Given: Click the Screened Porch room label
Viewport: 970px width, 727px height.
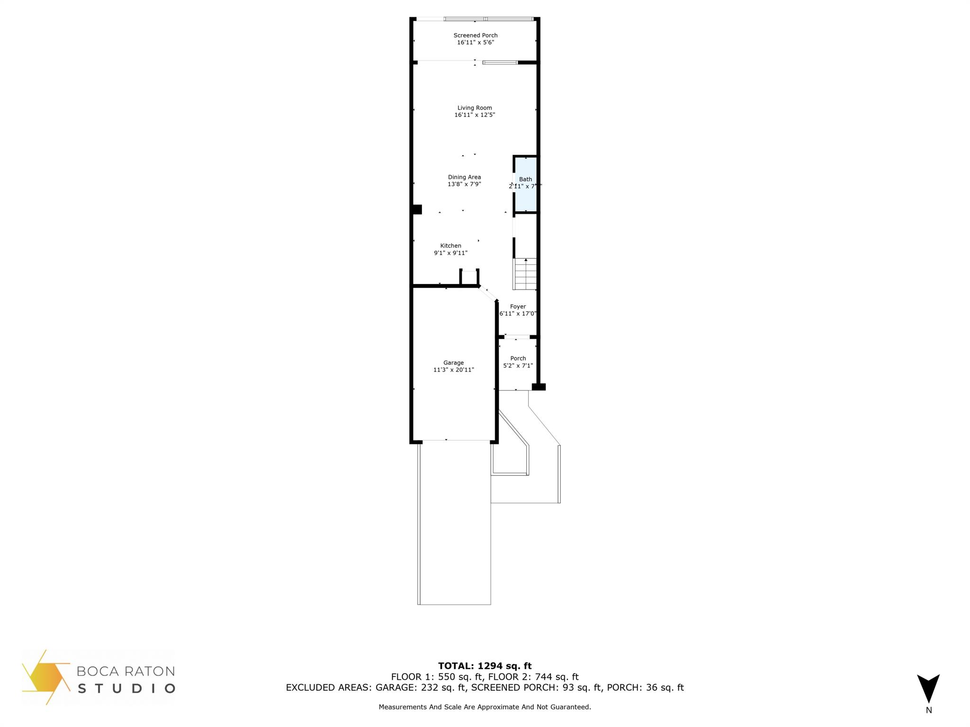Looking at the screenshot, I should (x=476, y=35).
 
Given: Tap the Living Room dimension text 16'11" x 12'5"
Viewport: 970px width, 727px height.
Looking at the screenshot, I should (x=475, y=115).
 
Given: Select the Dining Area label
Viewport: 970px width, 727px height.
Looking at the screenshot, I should (x=464, y=177).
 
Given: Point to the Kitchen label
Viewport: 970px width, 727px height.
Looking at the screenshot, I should (x=450, y=246).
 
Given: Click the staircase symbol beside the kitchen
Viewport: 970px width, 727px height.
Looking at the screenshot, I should (x=525, y=274).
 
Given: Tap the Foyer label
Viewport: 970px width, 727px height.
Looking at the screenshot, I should (x=518, y=307).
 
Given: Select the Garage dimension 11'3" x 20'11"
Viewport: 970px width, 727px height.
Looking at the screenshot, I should (x=453, y=370).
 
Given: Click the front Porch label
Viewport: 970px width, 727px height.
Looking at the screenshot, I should (x=518, y=358).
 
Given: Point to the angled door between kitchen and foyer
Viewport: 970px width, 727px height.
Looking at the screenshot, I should (x=488, y=293).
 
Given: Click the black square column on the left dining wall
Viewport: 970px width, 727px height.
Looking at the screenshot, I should (x=417, y=209).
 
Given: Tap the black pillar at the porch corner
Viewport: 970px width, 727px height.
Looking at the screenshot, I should (x=539, y=387).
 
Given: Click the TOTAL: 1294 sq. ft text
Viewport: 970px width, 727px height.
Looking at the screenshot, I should (x=485, y=666).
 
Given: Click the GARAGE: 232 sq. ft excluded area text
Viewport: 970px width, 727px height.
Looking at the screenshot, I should (x=422, y=688).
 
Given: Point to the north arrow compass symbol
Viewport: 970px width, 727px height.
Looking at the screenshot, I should (x=928, y=689).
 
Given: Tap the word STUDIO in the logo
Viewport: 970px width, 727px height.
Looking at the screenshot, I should (x=126, y=688).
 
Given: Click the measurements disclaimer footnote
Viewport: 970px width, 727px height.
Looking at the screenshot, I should (x=485, y=707).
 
